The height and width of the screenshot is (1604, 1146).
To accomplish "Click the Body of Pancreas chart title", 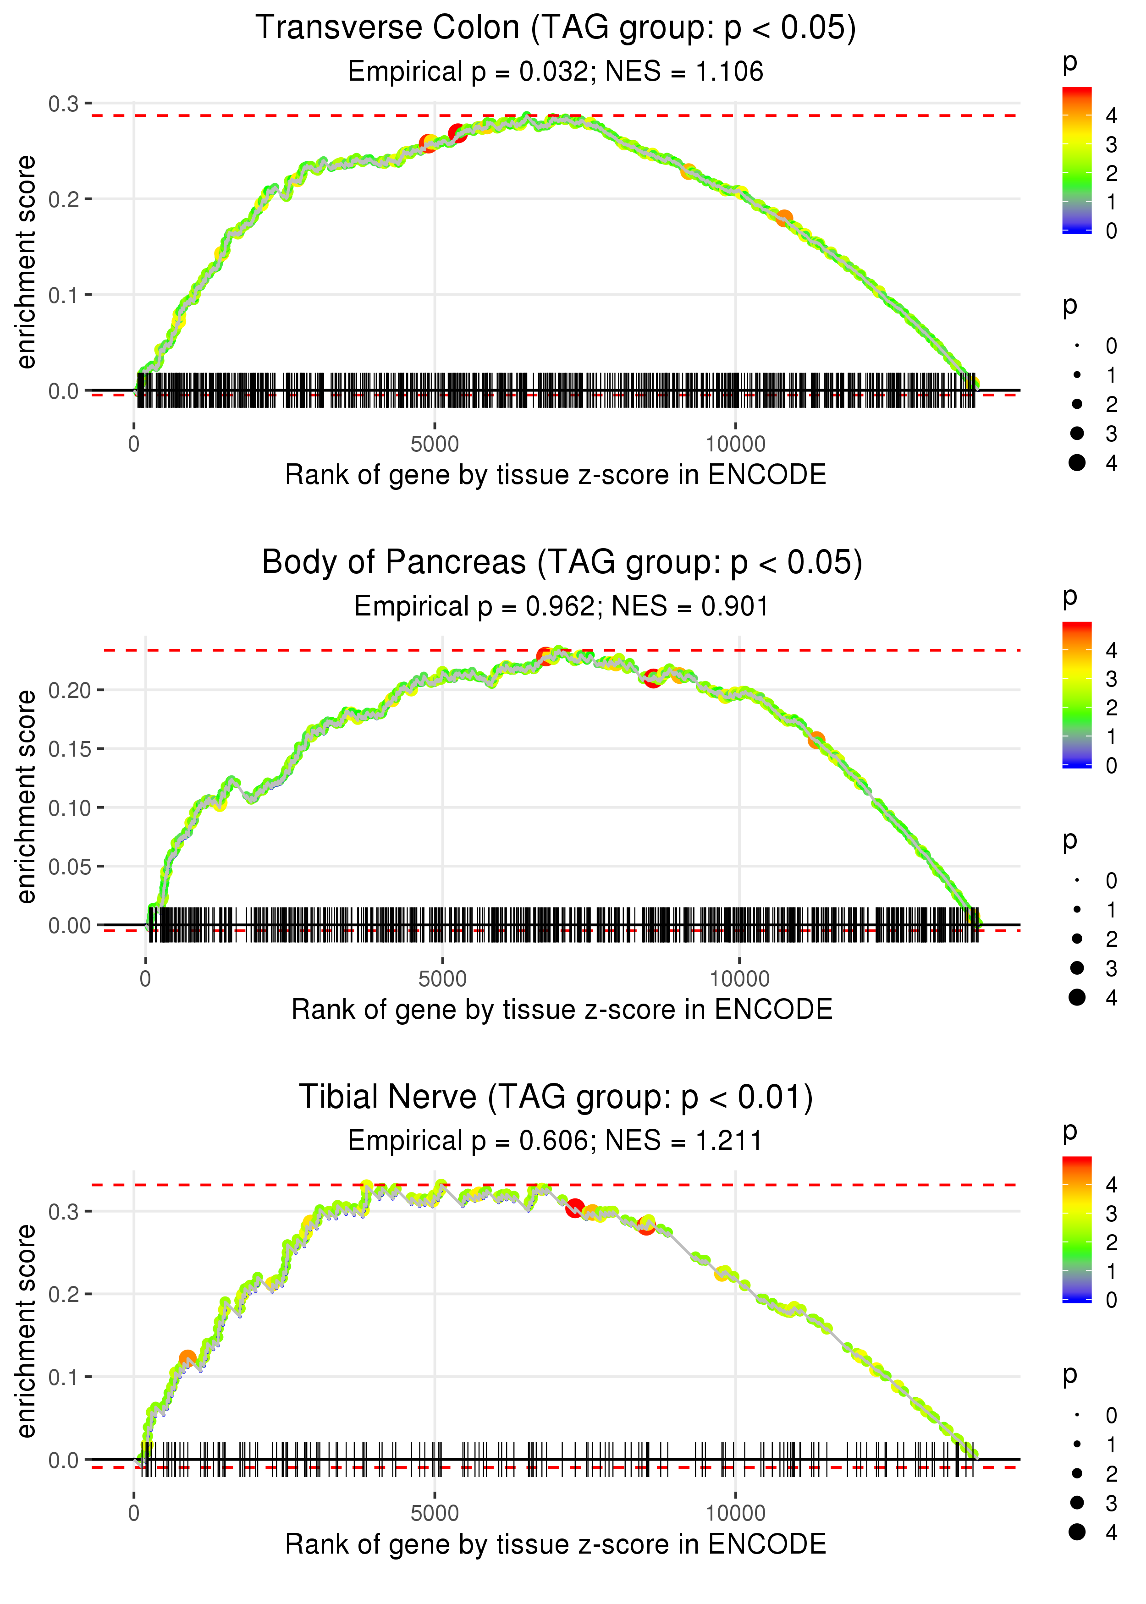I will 562,563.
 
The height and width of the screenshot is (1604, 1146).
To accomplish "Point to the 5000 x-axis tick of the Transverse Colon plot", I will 435,445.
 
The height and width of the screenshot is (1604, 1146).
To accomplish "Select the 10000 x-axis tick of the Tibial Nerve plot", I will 735,1514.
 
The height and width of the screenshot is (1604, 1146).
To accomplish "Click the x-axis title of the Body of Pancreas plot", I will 562,1010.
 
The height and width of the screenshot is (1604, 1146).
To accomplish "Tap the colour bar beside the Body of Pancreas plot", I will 1076,695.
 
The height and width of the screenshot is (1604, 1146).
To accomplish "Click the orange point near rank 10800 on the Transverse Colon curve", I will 784,219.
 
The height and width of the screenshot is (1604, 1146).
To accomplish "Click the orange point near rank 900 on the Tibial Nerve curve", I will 187,1358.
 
